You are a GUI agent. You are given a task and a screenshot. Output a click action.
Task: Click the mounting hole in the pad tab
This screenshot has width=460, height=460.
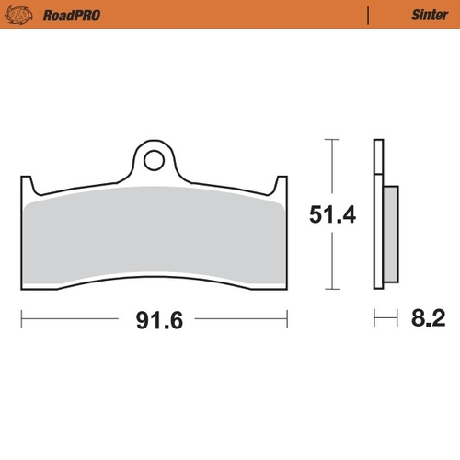point(155,160)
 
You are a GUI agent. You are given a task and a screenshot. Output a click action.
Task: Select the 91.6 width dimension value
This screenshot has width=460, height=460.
point(155,321)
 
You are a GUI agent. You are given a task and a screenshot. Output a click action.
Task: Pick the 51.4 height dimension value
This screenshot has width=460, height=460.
point(331,215)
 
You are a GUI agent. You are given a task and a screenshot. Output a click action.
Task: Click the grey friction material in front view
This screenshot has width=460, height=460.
point(155,239)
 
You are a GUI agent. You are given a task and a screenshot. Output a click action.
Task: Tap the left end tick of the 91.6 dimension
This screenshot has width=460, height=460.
point(21,320)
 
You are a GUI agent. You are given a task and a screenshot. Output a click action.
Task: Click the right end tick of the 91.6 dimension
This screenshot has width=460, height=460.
point(288,320)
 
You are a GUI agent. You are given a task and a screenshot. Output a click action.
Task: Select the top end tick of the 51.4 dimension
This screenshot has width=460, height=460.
point(330,140)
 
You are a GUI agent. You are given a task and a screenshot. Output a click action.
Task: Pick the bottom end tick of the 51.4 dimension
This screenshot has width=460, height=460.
point(330,290)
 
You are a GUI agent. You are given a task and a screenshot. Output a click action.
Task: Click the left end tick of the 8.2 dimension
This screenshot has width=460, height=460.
point(374,320)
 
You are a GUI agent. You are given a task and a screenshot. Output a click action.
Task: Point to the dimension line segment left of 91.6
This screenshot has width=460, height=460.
point(74,320)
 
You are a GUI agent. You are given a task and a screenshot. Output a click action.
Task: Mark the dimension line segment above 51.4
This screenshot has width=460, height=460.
point(330,170)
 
